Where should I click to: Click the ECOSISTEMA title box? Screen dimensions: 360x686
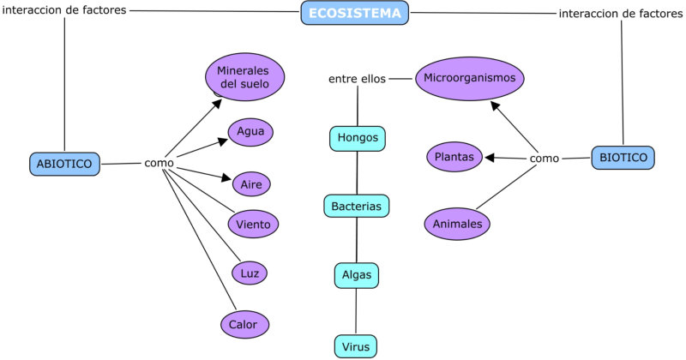[355, 13]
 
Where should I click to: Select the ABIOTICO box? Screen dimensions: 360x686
[64, 164]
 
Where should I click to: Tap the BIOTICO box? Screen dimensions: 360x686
[623, 158]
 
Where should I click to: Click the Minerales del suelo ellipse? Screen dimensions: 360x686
[244, 77]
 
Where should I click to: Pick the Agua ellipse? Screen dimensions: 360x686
[250, 132]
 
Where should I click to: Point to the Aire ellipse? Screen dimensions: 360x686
[251, 183]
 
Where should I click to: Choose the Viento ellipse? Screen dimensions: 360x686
[253, 225]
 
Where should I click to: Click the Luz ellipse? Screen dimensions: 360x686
[250, 273]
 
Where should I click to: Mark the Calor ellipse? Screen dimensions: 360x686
[244, 324]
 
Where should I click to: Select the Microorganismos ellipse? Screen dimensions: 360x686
[469, 78]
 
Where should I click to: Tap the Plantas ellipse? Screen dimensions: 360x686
[455, 157]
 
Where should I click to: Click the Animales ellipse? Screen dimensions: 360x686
[458, 224]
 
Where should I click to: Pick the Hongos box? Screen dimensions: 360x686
[358, 138]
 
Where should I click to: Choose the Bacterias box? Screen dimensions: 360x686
[357, 206]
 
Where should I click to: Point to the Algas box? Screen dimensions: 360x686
[356, 274]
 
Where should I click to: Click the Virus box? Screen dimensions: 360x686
[355, 346]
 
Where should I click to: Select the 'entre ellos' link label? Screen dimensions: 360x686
[357, 79]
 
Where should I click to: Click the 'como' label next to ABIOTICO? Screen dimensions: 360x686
[159, 163]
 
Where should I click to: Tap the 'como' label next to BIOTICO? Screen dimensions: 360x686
[545, 159]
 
